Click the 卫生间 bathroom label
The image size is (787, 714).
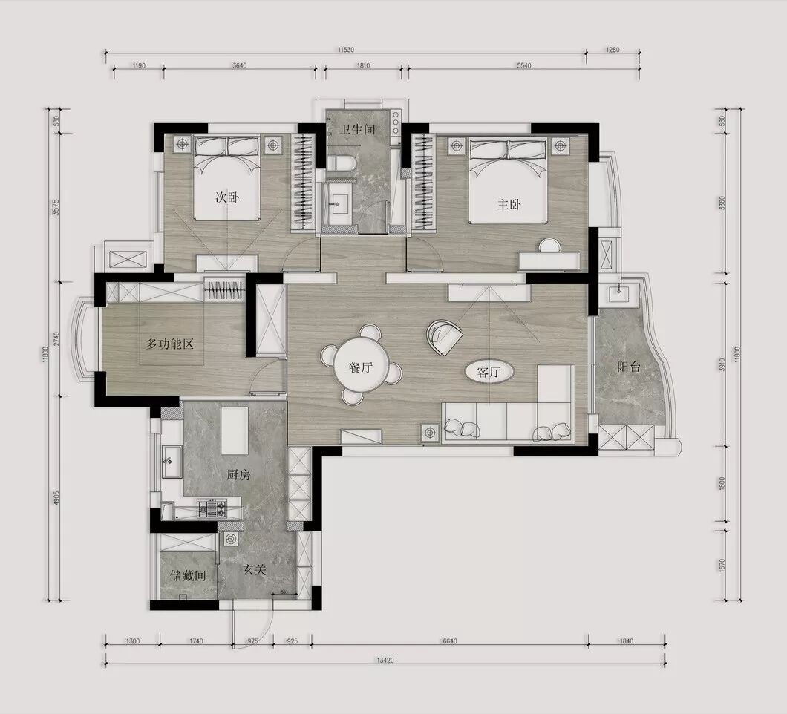357,129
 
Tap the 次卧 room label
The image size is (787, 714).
227,197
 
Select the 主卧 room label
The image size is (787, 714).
509,204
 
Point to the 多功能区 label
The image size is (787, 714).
169,344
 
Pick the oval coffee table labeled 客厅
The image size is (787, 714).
489,372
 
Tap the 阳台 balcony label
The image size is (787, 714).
629,367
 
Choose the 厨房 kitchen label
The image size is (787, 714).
238,475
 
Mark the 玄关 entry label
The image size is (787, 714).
254,570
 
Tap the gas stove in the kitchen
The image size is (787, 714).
212,509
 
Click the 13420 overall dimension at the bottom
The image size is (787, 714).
385,661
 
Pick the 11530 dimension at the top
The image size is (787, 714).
346,50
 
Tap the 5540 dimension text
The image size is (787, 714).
523,66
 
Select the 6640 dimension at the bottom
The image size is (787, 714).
450,641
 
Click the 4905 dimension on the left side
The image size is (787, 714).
56,498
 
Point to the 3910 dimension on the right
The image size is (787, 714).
722,364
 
